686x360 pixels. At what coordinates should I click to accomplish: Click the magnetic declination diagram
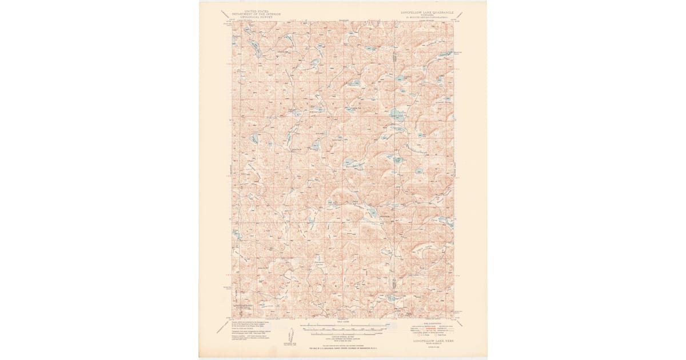click(x=289, y=335)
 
